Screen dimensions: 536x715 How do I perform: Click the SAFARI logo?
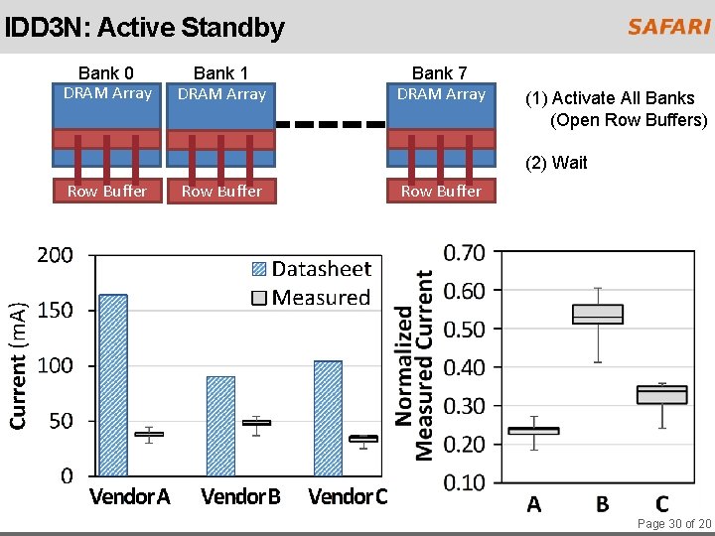tap(667, 27)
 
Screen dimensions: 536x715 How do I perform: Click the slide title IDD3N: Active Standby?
tap(144, 28)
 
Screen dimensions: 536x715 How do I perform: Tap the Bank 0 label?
tap(106, 73)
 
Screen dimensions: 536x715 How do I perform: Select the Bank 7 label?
tap(440, 73)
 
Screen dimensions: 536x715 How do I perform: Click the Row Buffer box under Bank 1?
tap(221, 191)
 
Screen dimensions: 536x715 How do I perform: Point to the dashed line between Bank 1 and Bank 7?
tap(332, 125)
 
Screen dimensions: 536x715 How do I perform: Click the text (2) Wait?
tap(556, 163)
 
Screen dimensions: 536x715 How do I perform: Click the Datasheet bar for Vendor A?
tap(113, 385)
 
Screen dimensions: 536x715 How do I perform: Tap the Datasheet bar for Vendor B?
tap(220, 426)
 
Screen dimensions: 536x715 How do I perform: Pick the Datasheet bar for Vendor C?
tap(328, 418)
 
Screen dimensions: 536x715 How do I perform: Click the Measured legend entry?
tap(310, 298)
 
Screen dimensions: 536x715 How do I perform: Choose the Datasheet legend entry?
tap(310, 268)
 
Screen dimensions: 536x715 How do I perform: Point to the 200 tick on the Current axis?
tap(55, 255)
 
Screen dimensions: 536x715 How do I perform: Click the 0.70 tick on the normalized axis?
tap(464, 253)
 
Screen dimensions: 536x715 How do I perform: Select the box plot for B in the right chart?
tap(598, 315)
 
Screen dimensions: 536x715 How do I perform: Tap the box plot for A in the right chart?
tap(533, 431)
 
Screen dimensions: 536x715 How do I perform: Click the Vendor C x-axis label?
tap(348, 496)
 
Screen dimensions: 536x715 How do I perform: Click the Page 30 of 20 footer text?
tap(674, 523)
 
